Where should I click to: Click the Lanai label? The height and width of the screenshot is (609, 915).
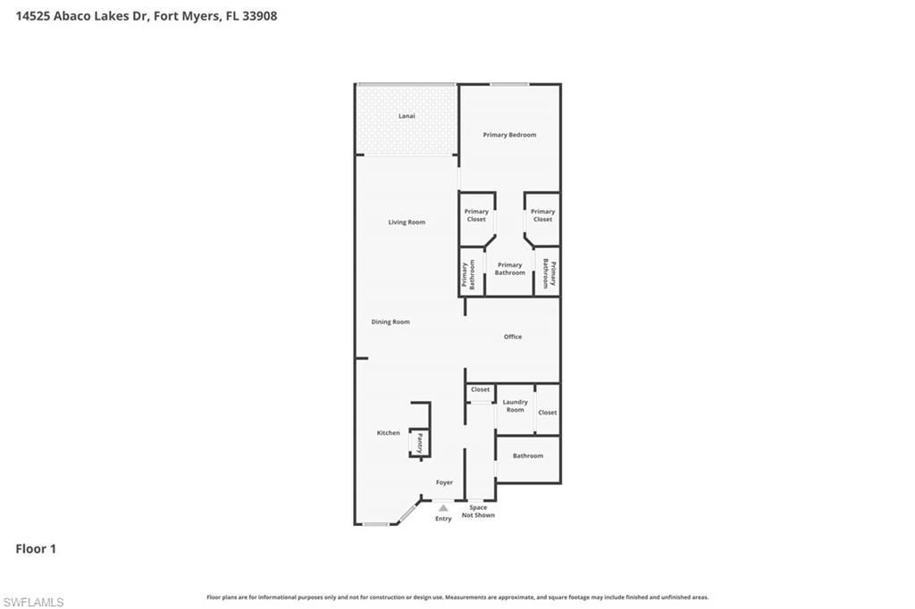[x=407, y=116]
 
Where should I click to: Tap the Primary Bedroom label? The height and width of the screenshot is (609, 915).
[x=509, y=135]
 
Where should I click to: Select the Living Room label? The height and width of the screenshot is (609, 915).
[x=407, y=222]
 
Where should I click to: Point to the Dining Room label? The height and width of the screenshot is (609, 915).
[x=390, y=321]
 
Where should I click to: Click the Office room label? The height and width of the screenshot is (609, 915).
[x=512, y=337]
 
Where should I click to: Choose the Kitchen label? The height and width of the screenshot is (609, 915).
[x=388, y=433]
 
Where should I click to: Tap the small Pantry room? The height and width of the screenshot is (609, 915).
[x=419, y=443]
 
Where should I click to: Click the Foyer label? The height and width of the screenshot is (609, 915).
[x=444, y=482]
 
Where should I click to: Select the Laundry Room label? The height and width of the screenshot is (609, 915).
[x=515, y=406]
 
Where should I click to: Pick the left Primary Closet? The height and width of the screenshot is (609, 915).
[x=476, y=215]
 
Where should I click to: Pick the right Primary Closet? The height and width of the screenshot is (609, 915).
[x=542, y=215]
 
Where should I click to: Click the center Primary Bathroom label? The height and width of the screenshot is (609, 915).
[x=510, y=269]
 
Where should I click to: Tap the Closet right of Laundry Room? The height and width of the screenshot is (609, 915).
[x=548, y=413]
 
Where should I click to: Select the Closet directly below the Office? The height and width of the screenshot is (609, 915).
[x=481, y=390]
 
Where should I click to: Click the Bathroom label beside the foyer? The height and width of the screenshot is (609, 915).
[x=527, y=456]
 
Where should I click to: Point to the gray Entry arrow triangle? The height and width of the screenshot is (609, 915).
[x=443, y=508]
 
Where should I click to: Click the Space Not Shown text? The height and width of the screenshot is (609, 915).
[x=478, y=512]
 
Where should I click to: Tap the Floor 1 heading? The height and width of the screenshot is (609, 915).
[x=36, y=549]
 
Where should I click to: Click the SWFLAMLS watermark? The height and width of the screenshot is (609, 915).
[x=33, y=603]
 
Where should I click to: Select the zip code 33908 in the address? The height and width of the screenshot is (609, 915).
[x=258, y=15]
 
